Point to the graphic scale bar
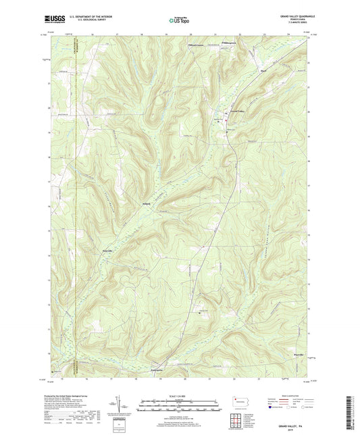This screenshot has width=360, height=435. (180, 407)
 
